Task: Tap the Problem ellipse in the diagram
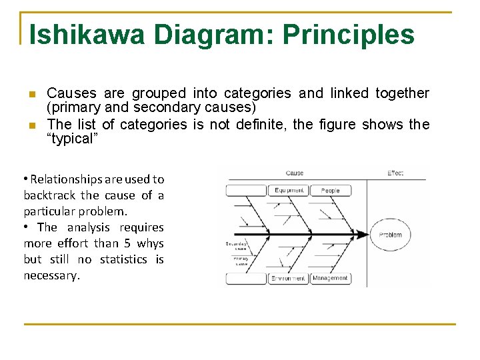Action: tap(390, 235)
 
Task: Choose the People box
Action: tap(330, 191)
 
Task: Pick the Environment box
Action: tap(289, 278)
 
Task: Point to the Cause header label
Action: tap(294, 173)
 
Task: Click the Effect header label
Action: tap(395, 173)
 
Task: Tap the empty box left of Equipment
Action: tap(246, 191)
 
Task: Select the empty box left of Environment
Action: tap(246, 278)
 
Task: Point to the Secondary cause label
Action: tap(238, 245)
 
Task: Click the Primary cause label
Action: tap(241, 260)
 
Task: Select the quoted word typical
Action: tap(73, 139)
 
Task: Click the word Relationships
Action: tap(65, 179)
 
